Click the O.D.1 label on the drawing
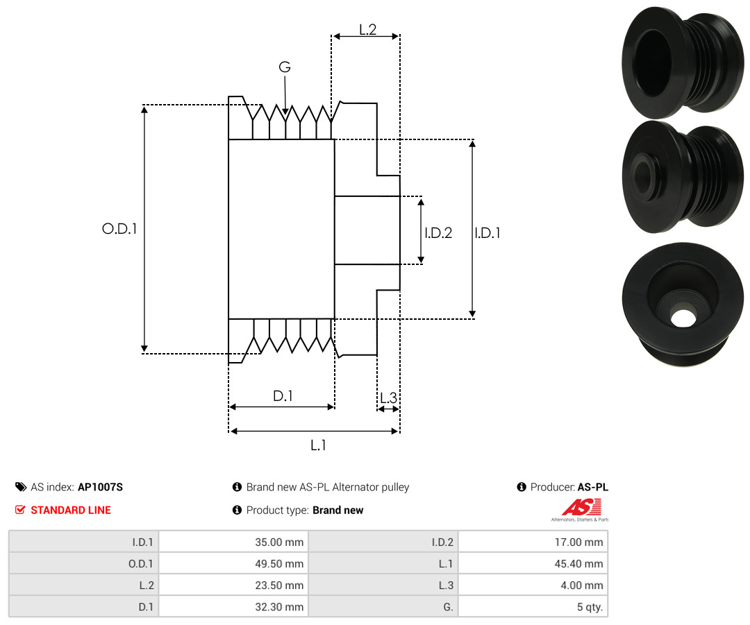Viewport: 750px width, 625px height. point(119,229)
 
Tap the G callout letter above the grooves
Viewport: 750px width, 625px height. point(285,67)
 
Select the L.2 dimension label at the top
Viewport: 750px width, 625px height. point(368,30)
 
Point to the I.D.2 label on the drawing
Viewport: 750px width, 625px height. point(438,232)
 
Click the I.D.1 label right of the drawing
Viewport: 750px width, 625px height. point(487,232)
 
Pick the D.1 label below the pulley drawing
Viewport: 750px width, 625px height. point(283,395)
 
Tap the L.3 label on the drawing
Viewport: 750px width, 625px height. point(388,397)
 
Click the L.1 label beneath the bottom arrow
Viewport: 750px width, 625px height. point(318,445)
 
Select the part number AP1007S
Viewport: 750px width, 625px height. point(101,487)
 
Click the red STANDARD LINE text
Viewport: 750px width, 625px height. point(71,510)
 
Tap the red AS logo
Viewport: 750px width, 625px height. point(582,508)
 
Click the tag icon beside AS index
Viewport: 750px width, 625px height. point(21,487)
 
